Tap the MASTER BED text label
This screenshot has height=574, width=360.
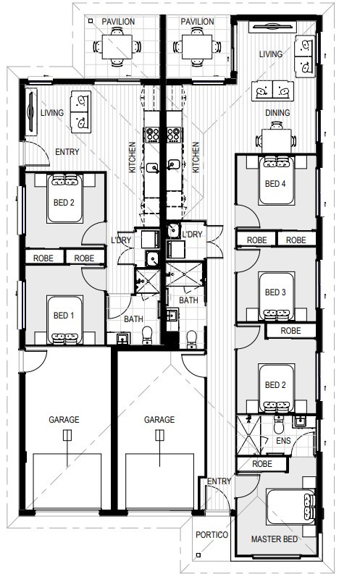[x=276, y=539]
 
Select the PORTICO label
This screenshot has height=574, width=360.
[x=212, y=535]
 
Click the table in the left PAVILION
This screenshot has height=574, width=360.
[x=114, y=48]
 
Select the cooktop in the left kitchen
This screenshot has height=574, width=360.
[x=154, y=134]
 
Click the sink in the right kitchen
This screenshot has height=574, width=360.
[x=174, y=165]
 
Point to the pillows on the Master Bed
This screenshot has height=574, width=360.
[x=310, y=505]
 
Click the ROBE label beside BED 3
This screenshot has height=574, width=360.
[x=290, y=330]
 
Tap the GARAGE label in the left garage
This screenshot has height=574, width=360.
[x=64, y=419]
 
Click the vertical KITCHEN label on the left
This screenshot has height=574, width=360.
[x=132, y=156]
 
